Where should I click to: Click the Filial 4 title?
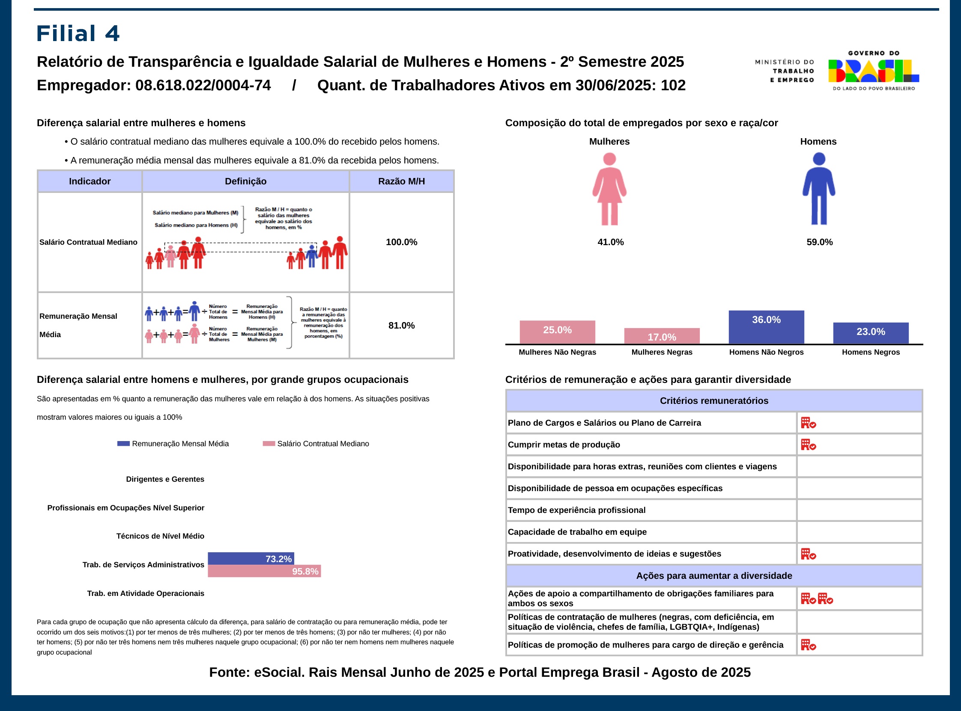tap(78, 33)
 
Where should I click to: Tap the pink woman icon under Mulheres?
tap(609, 189)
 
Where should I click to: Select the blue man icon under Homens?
tap(818, 189)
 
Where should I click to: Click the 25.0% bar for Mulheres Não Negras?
tap(557, 332)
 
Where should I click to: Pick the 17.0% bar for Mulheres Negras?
tap(662, 336)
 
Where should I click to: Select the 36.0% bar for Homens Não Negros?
tap(766, 327)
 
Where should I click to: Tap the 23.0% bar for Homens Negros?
tap(871, 333)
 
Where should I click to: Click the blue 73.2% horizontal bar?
tap(251, 558)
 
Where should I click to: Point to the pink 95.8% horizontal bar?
tap(264, 571)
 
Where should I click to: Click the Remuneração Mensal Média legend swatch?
tap(124, 444)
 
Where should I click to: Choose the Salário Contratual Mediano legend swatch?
tap(269, 444)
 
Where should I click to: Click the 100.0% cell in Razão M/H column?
tap(401, 242)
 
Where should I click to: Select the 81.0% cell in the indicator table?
tap(401, 326)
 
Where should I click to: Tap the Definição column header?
tap(245, 181)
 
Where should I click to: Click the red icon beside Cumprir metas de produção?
tap(808, 444)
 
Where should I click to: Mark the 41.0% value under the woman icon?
tap(610, 242)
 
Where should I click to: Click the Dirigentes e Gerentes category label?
tap(165, 479)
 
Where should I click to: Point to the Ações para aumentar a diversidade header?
tap(714, 575)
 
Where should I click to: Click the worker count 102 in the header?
tap(673, 85)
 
